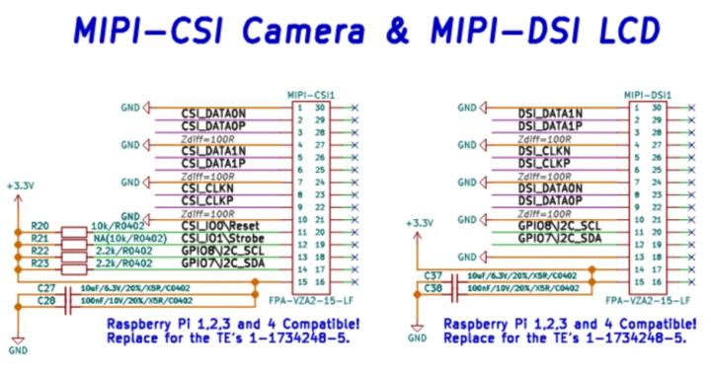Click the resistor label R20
(x=40, y=226)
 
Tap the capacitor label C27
(x=45, y=285)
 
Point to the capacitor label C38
(x=432, y=287)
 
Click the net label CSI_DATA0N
(x=212, y=113)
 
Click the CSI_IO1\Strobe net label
(x=220, y=238)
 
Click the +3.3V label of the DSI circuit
(x=420, y=222)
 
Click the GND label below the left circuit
(x=18, y=348)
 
